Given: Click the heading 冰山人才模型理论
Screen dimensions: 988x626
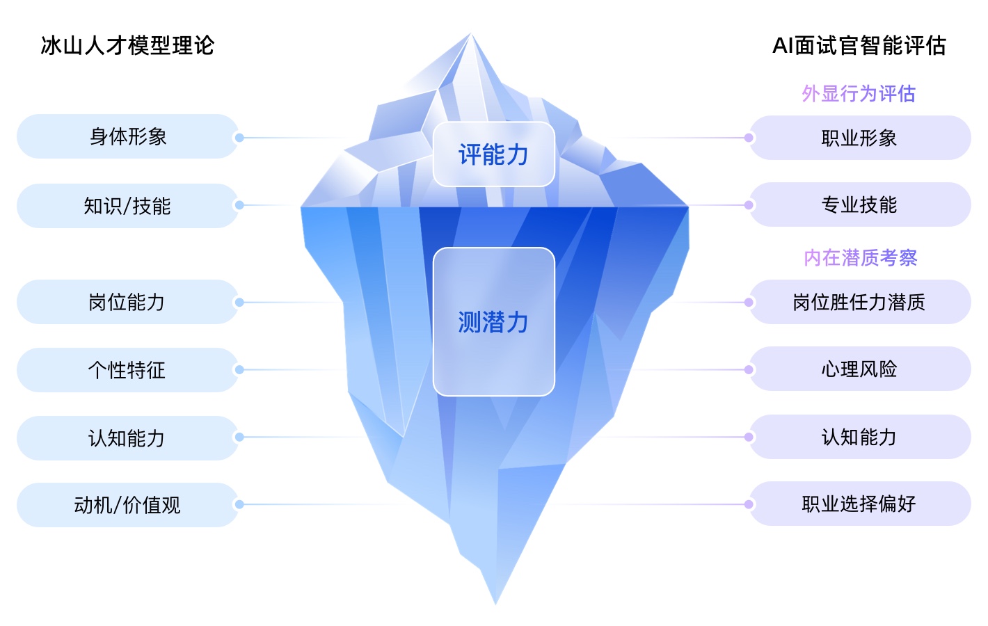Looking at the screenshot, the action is (x=127, y=46).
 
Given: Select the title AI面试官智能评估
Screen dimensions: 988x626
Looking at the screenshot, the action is (x=859, y=46).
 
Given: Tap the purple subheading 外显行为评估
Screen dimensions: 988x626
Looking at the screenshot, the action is (x=859, y=94).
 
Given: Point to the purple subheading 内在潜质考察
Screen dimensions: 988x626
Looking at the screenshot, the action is (x=861, y=258).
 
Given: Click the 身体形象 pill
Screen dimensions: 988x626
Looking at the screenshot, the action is (x=127, y=136).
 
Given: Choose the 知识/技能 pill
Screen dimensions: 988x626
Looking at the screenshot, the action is (x=127, y=206).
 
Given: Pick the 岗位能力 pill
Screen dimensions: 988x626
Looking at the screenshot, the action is (x=127, y=302).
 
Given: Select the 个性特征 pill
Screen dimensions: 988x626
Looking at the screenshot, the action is (x=127, y=370).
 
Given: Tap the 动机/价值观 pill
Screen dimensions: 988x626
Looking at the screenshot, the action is (x=127, y=505).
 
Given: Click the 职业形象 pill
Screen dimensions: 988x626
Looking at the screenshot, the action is (x=860, y=138).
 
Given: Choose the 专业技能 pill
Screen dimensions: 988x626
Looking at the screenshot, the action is (x=860, y=204).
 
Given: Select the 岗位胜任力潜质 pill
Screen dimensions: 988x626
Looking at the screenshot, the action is (x=860, y=302).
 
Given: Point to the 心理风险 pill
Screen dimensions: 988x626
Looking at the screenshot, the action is (x=860, y=369).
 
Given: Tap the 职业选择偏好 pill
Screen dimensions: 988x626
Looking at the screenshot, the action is (x=860, y=504).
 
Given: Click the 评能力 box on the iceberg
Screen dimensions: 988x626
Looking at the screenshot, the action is (x=494, y=154).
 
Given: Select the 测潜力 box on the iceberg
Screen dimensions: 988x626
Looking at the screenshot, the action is (x=494, y=322).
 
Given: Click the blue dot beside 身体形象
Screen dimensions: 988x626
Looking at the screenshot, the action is (x=239, y=138).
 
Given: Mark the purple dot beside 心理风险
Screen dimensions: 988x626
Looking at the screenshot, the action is (x=749, y=369).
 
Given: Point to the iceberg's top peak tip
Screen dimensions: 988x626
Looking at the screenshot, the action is (x=471, y=33).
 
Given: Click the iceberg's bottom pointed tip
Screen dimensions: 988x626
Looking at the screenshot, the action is (x=496, y=604).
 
